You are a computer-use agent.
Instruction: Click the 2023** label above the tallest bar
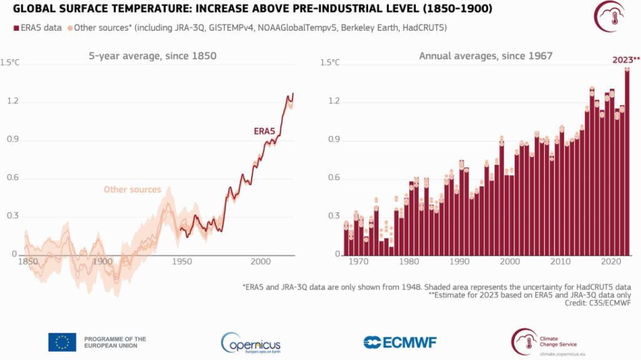(x=626, y=61)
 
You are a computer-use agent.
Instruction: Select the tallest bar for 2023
(x=627, y=163)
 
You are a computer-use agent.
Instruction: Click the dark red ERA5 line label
(x=264, y=131)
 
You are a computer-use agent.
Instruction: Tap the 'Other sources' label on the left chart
(x=132, y=190)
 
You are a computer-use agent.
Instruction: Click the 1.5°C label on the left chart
(x=11, y=63)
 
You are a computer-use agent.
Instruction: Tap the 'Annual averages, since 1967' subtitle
(x=485, y=56)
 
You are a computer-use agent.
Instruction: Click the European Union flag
(x=62, y=342)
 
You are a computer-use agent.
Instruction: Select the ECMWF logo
(x=400, y=342)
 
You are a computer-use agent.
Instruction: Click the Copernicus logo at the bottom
(x=250, y=342)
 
